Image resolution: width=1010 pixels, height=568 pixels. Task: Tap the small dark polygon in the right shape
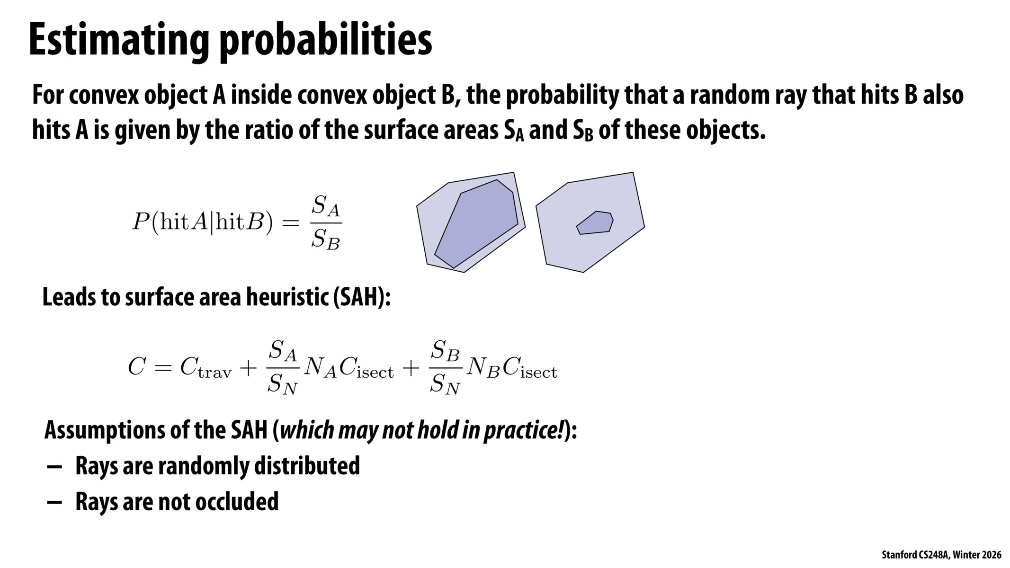(x=595, y=223)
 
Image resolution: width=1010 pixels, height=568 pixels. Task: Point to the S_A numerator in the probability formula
(x=326, y=206)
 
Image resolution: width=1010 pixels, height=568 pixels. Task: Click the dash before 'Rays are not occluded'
(x=54, y=502)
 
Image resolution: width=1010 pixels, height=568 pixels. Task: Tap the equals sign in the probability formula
(x=290, y=222)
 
